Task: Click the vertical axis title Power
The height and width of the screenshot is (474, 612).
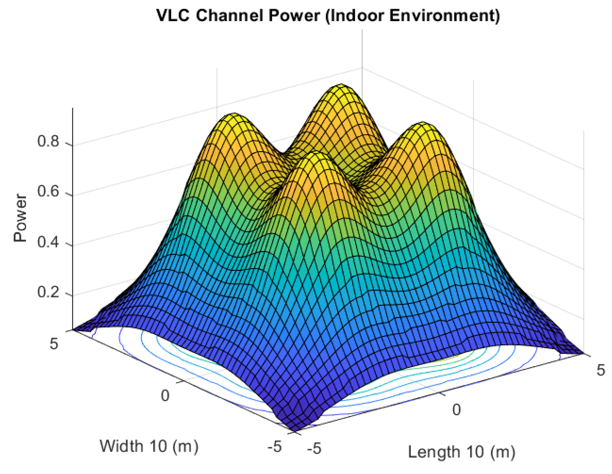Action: (20, 218)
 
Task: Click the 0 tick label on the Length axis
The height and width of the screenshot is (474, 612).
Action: (456, 410)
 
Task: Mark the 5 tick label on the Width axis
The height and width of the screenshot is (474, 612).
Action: (54, 343)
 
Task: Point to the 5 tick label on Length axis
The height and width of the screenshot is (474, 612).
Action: (601, 370)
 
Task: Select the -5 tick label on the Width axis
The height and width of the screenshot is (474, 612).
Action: (274, 446)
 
